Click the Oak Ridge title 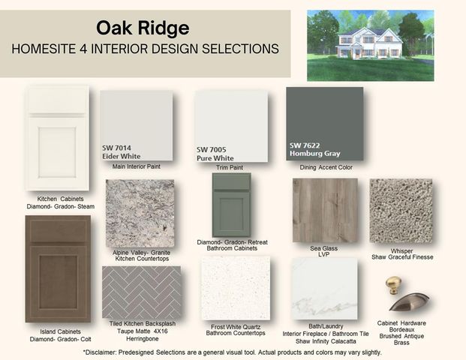(x=143, y=28)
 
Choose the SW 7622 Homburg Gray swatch (x=324, y=123)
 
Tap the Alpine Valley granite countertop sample (x=140, y=213)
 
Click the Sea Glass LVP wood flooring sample (x=324, y=210)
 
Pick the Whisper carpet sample (x=401, y=211)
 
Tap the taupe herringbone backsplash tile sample (x=141, y=292)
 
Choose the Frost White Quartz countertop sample (x=236, y=289)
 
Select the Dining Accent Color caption (x=326, y=167)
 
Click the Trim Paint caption (x=230, y=167)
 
